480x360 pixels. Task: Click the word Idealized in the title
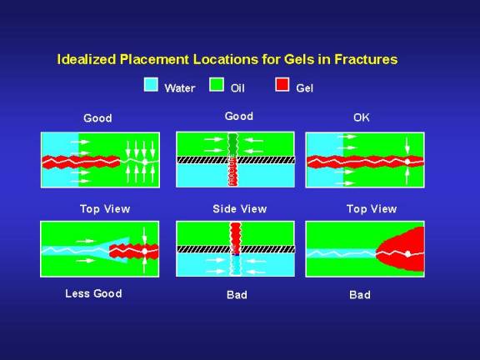coord(87,59)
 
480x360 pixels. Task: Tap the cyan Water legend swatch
coord(151,84)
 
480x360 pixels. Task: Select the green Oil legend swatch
coord(217,84)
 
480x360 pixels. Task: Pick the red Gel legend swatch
coord(282,84)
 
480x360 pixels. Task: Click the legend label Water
coord(180,88)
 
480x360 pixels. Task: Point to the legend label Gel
coord(304,88)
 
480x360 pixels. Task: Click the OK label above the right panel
coord(361,117)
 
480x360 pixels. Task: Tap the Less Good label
coord(93,293)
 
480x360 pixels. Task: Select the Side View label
coord(240,209)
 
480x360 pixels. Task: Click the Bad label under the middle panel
coord(237,295)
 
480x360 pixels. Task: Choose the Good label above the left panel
coord(97,118)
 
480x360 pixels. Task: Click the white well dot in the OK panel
coord(407,162)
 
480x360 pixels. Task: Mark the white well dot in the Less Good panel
coord(144,252)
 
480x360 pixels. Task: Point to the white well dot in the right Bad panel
coord(407,254)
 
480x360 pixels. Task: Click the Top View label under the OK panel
coord(372,209)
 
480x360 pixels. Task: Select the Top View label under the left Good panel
coord(105,209)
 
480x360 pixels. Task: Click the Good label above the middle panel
coord(239,117)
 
